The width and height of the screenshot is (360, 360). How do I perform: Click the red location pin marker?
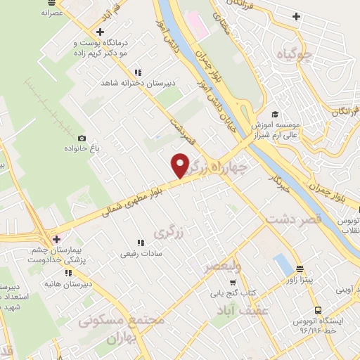180,165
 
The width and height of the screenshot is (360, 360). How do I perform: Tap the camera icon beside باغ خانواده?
82,138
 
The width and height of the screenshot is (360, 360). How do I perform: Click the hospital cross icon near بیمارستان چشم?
56,240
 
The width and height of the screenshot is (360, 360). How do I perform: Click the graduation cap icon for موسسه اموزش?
274,114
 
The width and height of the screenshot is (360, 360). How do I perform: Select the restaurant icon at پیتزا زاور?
300,269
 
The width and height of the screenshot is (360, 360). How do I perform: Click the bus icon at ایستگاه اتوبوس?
318,309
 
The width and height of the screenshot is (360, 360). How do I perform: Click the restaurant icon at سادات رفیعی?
141,243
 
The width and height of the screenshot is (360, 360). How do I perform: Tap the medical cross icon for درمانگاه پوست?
101,32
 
